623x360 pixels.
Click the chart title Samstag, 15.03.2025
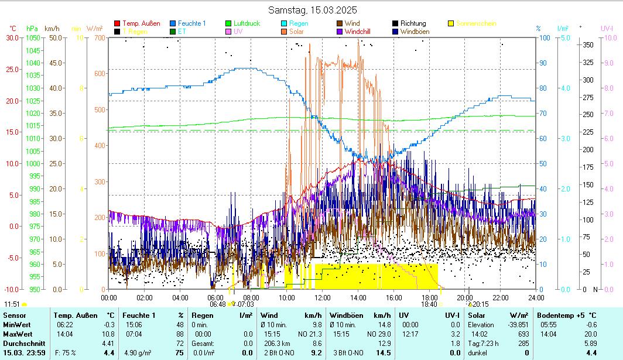312,10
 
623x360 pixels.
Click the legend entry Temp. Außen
141,23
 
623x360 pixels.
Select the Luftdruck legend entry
247,23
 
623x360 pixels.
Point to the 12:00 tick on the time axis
322,297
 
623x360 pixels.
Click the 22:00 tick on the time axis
501,297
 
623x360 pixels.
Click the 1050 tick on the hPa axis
33,38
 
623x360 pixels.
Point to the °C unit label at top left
13,28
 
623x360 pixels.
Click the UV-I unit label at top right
607,28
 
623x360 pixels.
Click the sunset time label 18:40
429,304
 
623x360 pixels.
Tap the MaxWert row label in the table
17,334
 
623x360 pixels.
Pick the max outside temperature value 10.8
108,334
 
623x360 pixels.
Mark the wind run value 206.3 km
278,343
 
